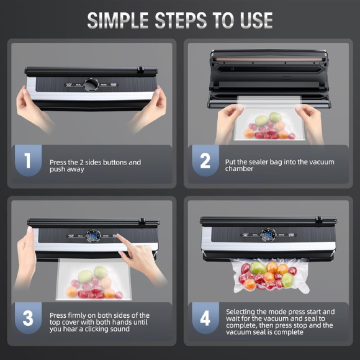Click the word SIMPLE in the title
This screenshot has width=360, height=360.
[120, 20]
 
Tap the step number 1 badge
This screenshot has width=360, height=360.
[27, 161]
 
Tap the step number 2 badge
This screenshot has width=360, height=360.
[204, 161]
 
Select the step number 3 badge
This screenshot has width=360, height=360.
[27, 318]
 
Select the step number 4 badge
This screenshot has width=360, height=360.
[204, 318]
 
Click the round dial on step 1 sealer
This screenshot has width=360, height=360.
[91, 84]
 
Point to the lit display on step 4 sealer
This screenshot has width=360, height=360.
[268, 235]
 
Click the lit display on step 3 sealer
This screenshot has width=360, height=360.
[93, 236]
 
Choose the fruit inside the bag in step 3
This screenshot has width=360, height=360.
[93, 282]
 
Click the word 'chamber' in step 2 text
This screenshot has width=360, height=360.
[239, 169]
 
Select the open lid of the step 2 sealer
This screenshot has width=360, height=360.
[269, 60]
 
